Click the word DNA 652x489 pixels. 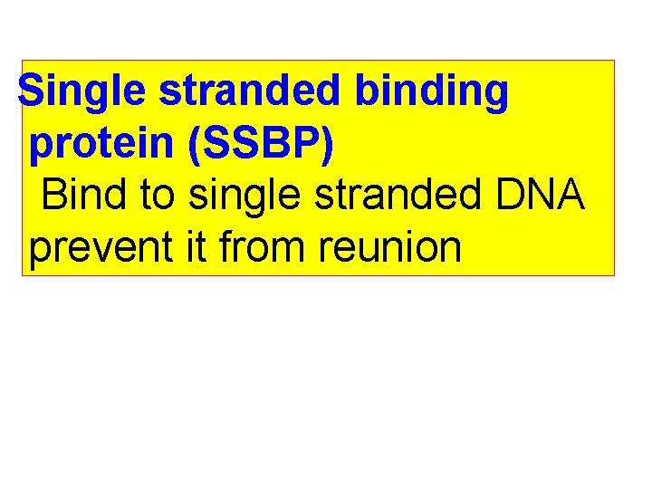pos(543,194)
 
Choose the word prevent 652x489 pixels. pos(95,246)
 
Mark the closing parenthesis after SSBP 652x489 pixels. pos(325,146)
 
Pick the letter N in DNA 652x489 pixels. pos(543,194)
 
